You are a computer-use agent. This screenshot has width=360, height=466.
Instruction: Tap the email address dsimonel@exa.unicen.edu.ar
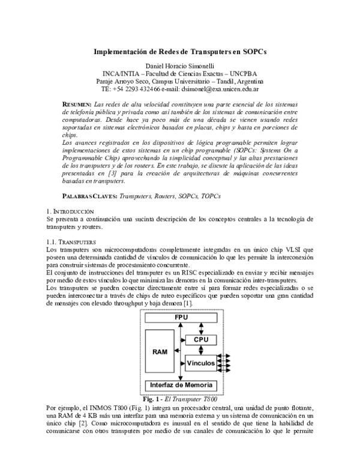(215, 89)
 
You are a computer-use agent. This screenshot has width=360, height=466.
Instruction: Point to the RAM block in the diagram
(160, 351)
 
